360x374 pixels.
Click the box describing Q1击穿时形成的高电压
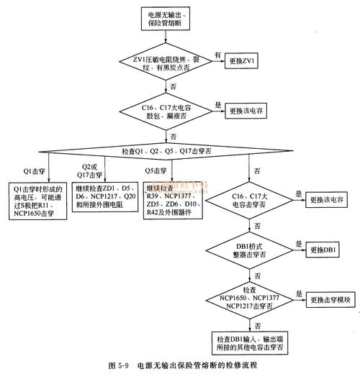[37, 204]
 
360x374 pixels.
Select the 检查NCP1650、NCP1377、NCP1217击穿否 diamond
[252, 300]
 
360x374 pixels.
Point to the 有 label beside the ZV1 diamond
[217, 55]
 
